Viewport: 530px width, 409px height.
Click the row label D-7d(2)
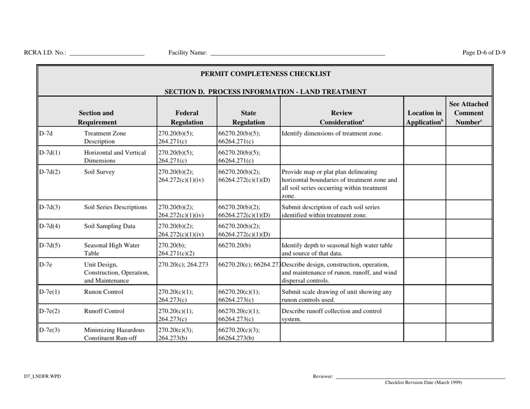50,172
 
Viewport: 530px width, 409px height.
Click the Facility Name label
187,53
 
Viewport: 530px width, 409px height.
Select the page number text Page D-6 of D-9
484,53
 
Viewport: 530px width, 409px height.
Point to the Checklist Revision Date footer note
423,383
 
